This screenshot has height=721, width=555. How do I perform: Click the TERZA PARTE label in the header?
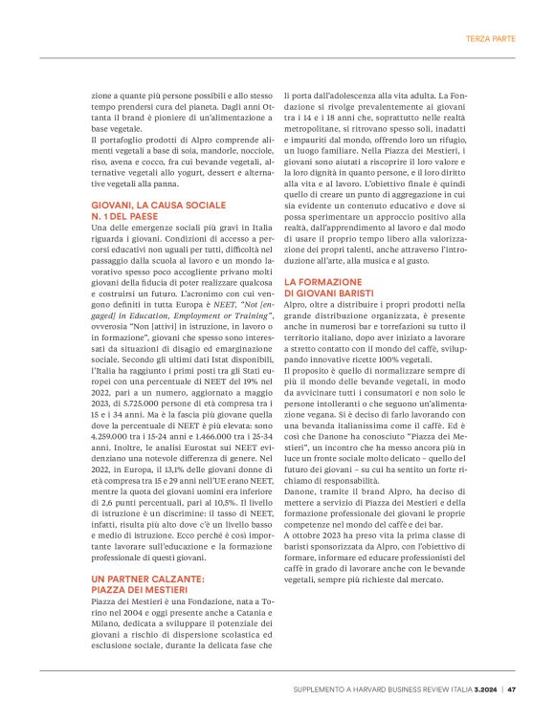490,39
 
